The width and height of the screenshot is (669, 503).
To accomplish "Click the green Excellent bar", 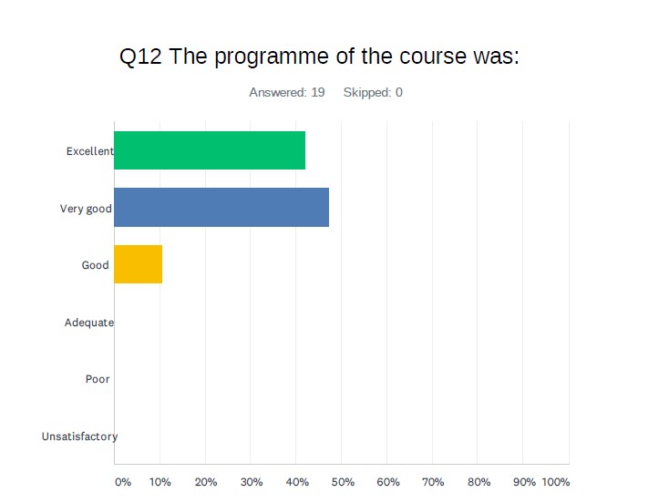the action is click(210, 150).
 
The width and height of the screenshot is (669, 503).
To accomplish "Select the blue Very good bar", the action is click(221, 208).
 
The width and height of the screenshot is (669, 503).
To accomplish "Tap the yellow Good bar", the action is click(139, 264).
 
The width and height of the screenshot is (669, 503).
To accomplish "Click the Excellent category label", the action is click(90, 151).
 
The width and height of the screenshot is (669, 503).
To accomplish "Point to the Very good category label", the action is click(86, 209).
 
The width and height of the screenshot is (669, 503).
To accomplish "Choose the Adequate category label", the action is click(89, 323).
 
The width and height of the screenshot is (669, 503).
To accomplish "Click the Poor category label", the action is click(98, 379).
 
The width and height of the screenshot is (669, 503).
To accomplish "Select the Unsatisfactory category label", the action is click(80, 436).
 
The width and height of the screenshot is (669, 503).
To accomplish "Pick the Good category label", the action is click(95, 265).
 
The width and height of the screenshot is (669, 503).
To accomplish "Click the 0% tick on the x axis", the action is click(123, 482).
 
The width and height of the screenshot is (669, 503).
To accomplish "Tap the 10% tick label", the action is click(160, 482).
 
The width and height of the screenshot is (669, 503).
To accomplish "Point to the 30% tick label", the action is click(252, 482).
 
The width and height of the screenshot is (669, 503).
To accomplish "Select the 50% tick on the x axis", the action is click(343, 482).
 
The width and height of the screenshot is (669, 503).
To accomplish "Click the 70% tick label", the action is click(433, 482).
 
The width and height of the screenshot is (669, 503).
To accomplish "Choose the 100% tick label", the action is click(556, 482).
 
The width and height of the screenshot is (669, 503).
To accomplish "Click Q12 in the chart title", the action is click(140, 56).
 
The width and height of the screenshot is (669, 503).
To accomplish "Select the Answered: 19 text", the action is click(287, 93).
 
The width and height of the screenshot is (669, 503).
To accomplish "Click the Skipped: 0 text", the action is click(373, 93).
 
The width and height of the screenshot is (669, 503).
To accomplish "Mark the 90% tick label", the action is click(524, 482).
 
